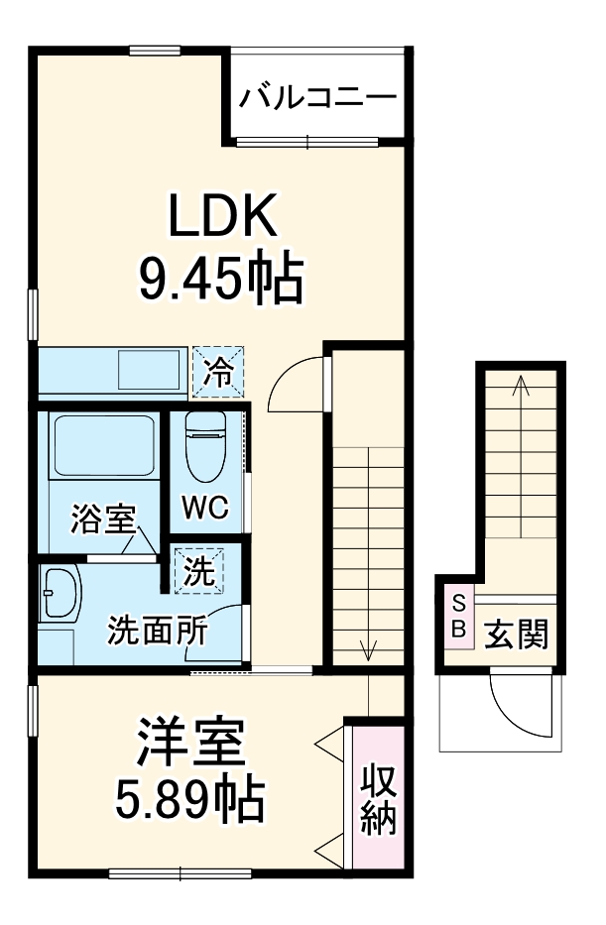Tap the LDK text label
point(220,216)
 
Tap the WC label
point(205,509)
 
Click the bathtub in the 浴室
point(102,447)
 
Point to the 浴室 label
point(102,518)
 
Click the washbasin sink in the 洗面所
point(61,595)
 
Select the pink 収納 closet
point(378,798)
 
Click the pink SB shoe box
point(458,616)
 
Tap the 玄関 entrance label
point(516,634)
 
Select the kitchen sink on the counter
point(146,371)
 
